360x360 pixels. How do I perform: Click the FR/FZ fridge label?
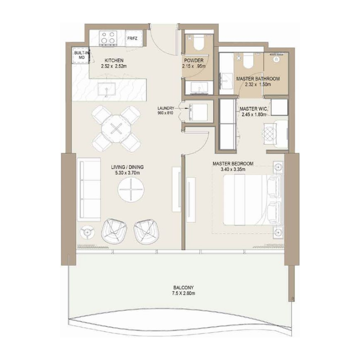tap(132, 39)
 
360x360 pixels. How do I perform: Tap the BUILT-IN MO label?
tap(80, 55)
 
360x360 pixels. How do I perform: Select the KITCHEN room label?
tap(114, 60)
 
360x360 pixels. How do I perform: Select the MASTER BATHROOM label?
tap(258, 79)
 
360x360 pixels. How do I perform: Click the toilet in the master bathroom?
tap(247, 58)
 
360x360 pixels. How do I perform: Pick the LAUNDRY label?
tap(166, 108)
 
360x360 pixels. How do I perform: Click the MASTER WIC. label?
tap(254, 108)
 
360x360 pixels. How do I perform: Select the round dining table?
tap(117, 129)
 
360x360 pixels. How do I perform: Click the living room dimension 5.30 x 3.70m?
tap(127, 173)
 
